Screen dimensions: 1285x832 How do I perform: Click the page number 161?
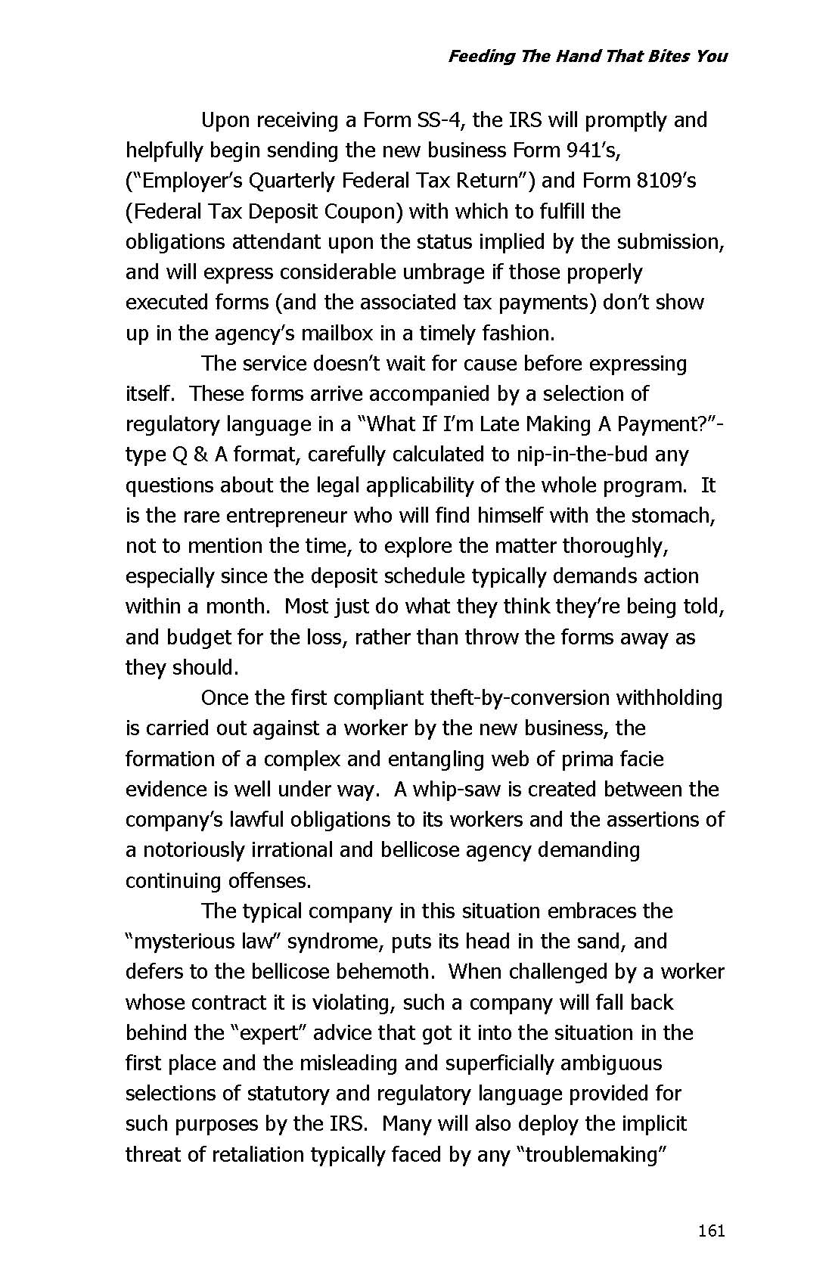point(711,1231)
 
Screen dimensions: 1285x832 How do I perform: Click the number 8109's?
point(666,181)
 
